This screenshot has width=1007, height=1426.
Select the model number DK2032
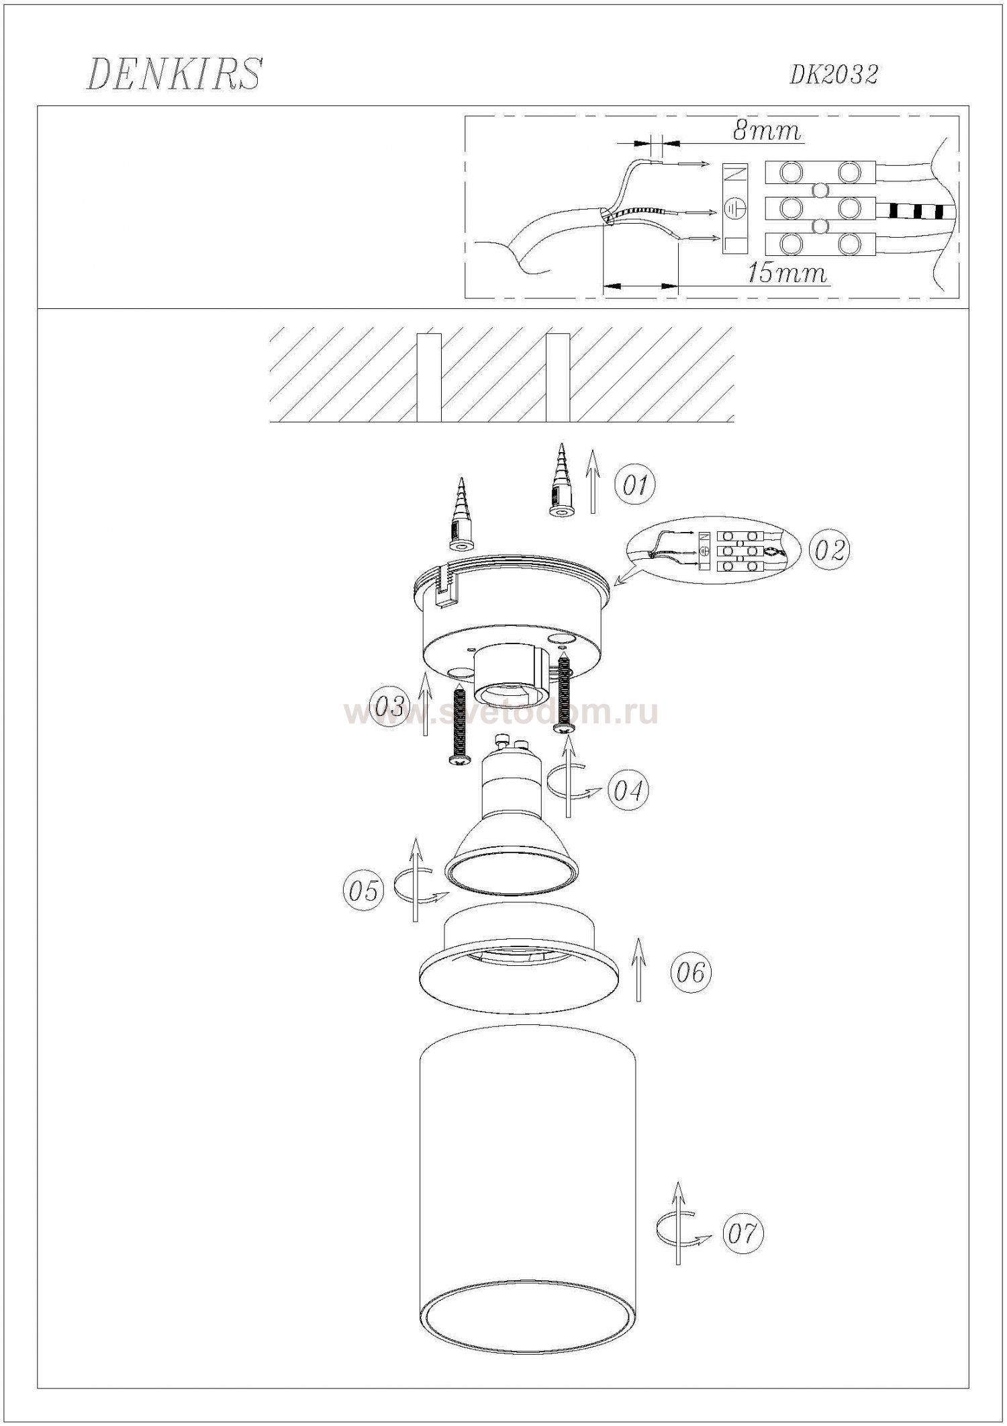833,75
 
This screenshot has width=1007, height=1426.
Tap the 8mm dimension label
767,130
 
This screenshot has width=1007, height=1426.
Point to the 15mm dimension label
786,273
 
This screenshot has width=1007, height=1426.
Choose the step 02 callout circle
828,550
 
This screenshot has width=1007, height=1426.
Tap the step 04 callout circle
628,791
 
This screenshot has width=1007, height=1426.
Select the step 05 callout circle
363,891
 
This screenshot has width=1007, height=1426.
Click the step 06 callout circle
691,971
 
